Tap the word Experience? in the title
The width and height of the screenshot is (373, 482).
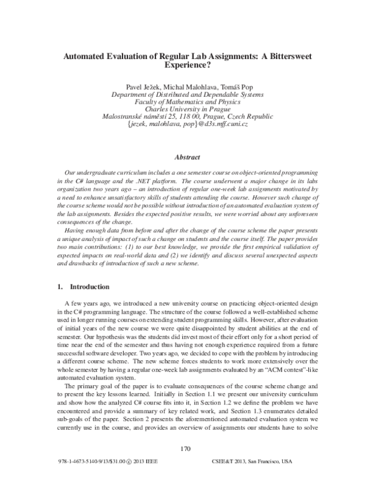[186, 64]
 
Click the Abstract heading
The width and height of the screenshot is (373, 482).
[186, 158]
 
